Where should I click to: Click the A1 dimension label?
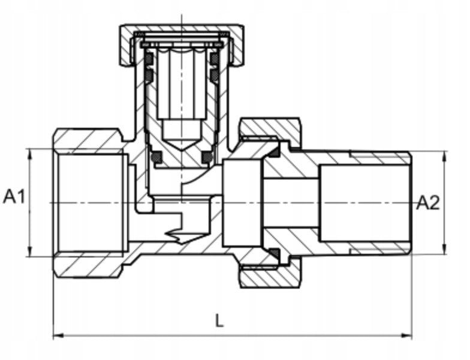pyautogui.click(x=14, y=197)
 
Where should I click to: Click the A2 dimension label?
pyautogui.click(x=428, y=203)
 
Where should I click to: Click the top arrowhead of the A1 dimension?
pyautogui.click(x=30, y=154)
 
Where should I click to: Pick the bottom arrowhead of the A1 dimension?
pyautogui.click(x=30, y=251)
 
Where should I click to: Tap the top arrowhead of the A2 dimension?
pyautogui.click(x=445, y=157)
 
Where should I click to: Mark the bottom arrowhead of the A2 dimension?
pyautogui.click(x=445, y=248)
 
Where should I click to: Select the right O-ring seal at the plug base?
pyautogui.click(x=207, y=157)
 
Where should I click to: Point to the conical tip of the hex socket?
pyautogui.click(x=182, y=145)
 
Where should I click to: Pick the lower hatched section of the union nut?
pyautogui.click(x=270, y=277)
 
